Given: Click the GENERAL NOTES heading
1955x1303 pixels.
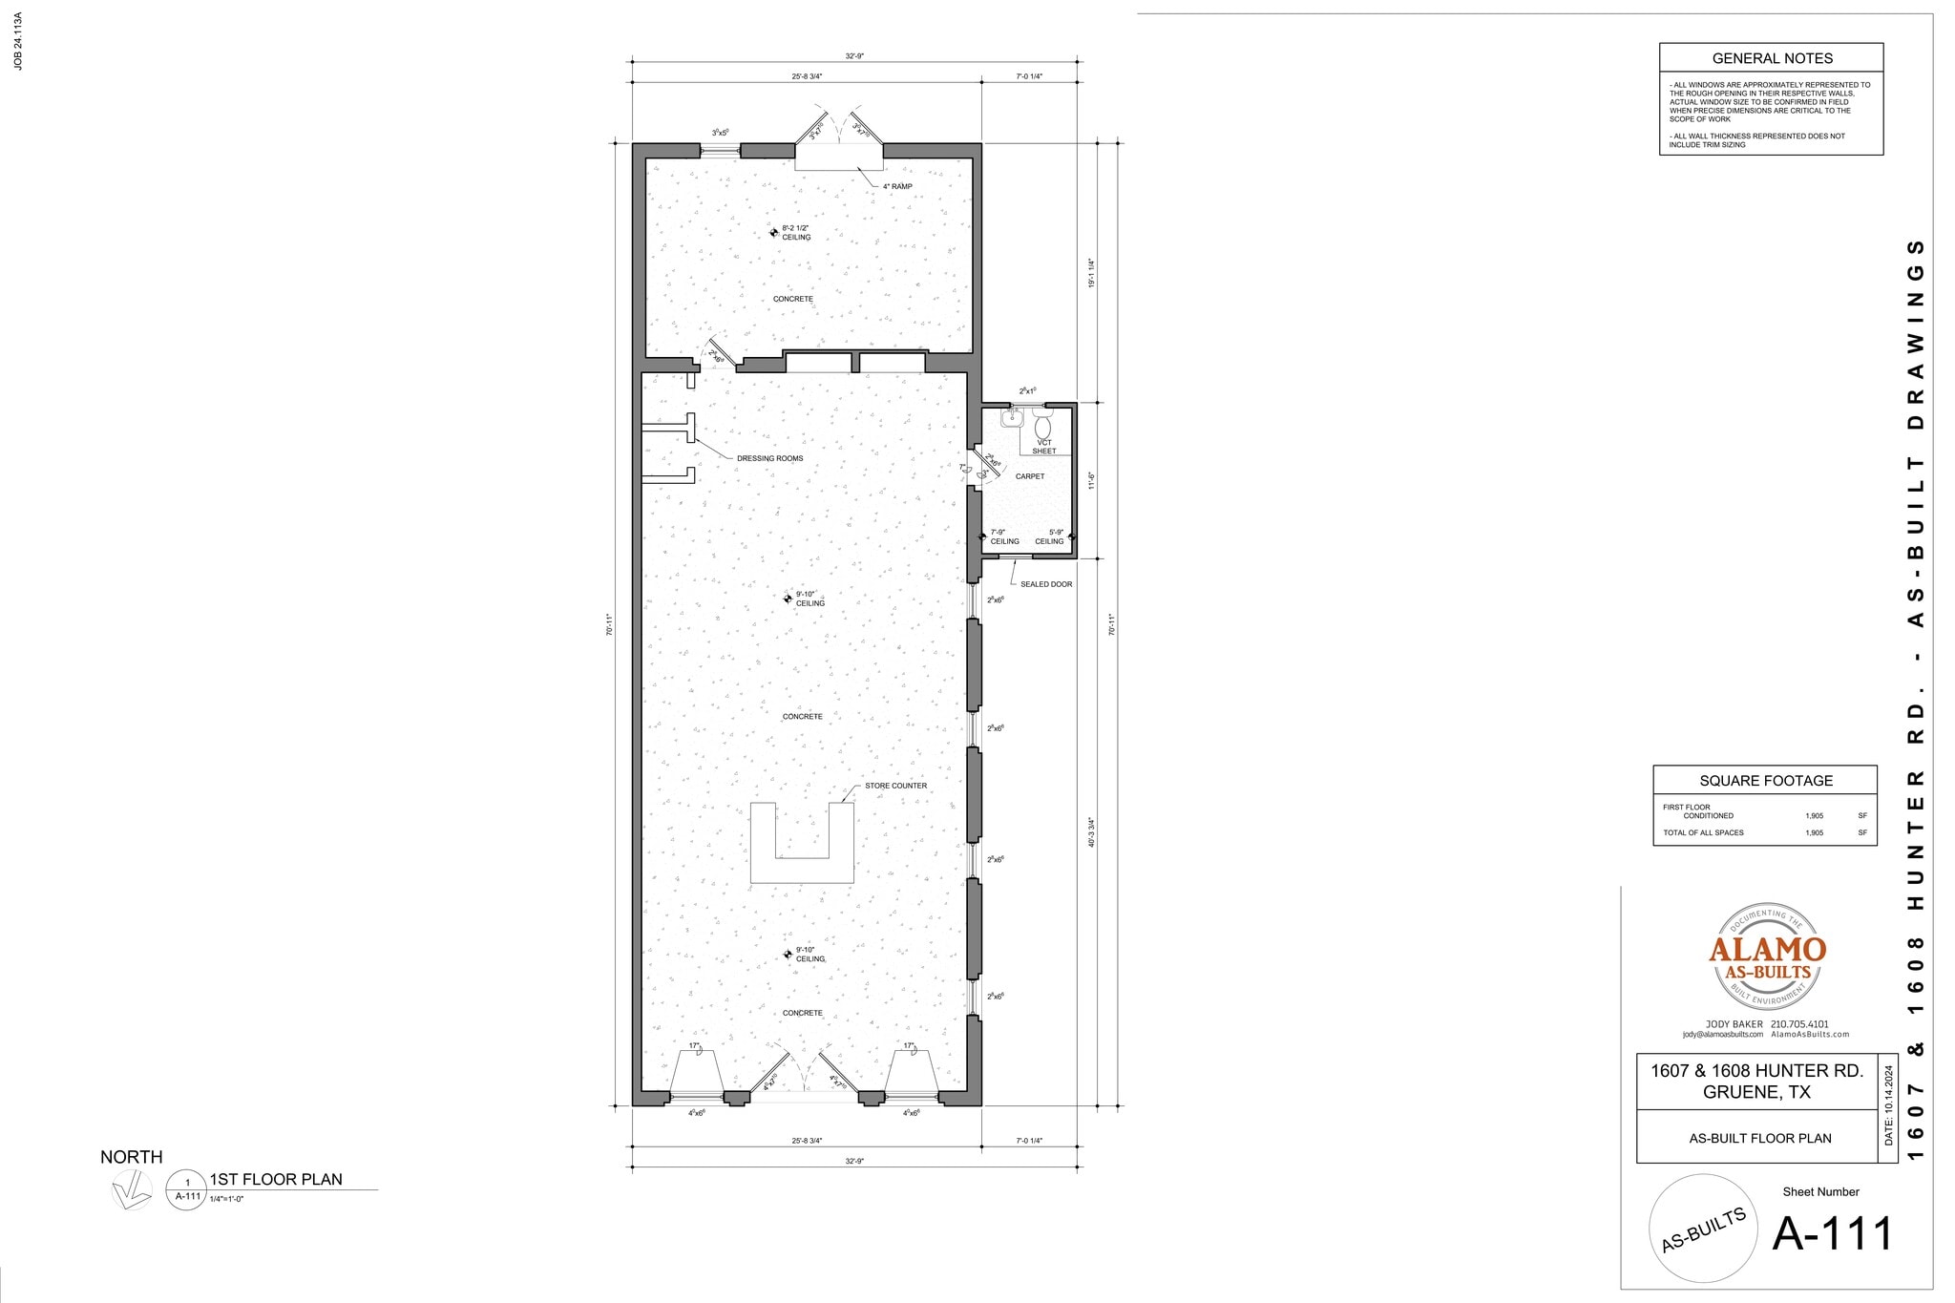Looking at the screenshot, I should [x=1772, y=58].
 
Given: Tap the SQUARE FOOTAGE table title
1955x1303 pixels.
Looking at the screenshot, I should [x=1765, y=781].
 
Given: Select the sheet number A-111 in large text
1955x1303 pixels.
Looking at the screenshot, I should [x=1833, y=1234].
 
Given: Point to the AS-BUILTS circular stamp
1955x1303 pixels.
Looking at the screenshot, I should [x=1704, y=1229].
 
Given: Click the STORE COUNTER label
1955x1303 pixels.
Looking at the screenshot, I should [x=895, y=786].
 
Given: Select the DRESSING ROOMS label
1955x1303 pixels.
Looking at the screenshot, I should [x=769, y=458].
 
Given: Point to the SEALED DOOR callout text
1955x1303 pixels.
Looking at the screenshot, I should [x=1045, y=584].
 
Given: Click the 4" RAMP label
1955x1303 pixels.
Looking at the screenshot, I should [x=896, y=186].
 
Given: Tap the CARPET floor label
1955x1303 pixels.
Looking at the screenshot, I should [x=1030, y=476].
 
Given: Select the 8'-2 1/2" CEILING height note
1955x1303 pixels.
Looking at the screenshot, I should [x=795, y=233].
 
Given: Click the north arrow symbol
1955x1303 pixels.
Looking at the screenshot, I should [x=131, y=1190].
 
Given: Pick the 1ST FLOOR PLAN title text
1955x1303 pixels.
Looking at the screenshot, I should [x=276, y=1179].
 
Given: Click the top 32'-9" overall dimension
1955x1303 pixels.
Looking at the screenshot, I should [x=854, y=56].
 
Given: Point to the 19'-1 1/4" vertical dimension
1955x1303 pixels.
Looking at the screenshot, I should [x=1090, y=272].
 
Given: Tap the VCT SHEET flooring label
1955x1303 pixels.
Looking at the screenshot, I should [x=1044, y=447].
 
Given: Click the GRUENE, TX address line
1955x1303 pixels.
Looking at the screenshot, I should [x=1756, y=1092].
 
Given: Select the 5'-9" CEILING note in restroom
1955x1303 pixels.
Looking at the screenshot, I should [x=1049, y=536].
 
